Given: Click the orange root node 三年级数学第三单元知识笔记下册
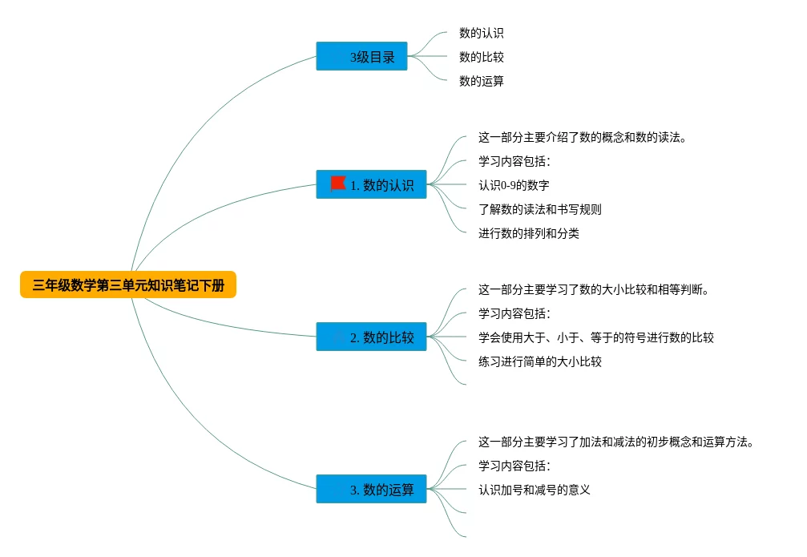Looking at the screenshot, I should tap(128, 285).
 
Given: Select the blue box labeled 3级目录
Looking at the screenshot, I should tap(361, 56).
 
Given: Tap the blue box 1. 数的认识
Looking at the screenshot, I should tap(372, 184).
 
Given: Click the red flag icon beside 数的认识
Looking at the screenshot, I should tap(337, 184).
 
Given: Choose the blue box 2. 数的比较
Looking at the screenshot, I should tap(372, 337).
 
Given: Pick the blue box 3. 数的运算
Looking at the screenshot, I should tap(372, 489).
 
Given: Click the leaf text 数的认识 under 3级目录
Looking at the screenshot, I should tap(481, 33).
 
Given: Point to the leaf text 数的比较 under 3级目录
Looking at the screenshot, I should tap(481, 57).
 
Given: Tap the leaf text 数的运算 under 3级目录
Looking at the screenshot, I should tap(481, 81).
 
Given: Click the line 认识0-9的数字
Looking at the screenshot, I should tap(514, 185).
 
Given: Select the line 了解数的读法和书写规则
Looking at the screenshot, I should tap(539, 209).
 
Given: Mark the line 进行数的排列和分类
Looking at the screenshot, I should tap(528, 233).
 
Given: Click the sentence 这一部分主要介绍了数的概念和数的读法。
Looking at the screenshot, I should tap(582, 137).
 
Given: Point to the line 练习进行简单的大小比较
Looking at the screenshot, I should tap(539, 361).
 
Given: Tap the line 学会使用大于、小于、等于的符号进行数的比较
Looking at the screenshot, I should tap(595, 337).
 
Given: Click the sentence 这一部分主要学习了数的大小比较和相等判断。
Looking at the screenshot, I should tap(594, 289).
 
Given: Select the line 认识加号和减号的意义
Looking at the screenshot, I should tap(534, 490).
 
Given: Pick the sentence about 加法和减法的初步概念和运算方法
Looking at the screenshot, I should tap(616, 442).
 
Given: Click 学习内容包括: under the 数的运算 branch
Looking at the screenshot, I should tap(514, 466).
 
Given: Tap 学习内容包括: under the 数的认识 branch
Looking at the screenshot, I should tap(514, 161).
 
